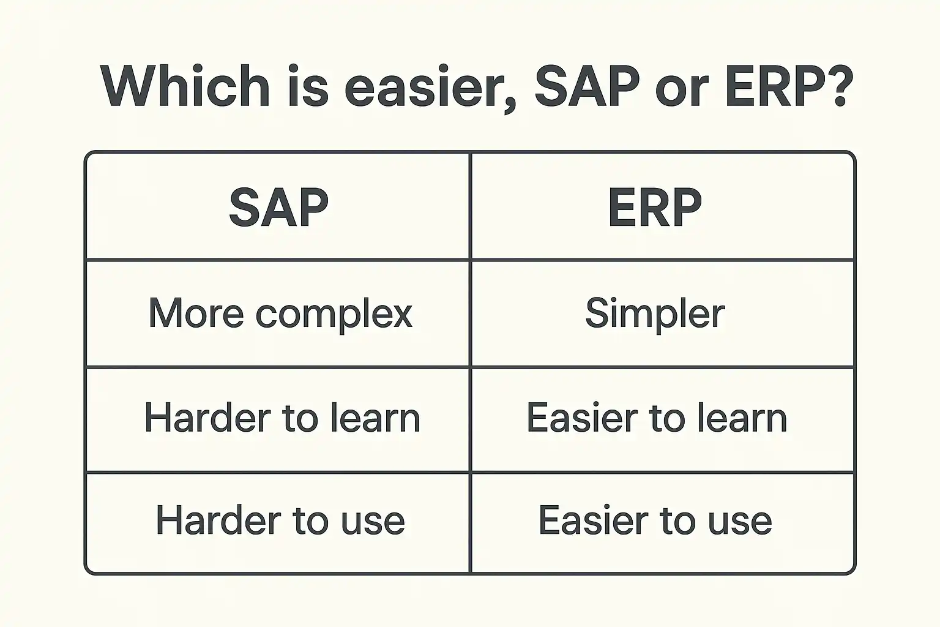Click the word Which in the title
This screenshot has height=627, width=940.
185,86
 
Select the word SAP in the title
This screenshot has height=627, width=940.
587,86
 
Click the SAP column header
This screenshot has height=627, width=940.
279,207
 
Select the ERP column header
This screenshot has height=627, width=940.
655,207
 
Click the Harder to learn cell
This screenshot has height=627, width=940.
282,418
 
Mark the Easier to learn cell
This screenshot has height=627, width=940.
657,418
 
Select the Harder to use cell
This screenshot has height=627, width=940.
280,520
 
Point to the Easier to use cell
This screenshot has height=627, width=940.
655,520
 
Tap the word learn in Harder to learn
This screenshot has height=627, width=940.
376,418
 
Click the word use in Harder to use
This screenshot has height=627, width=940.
373,525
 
